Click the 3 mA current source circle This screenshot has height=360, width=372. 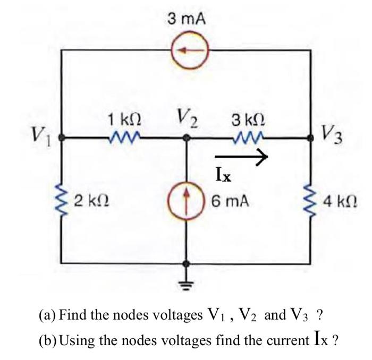click(x=187, y=51)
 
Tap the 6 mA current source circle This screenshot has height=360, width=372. click(x=187, y=202)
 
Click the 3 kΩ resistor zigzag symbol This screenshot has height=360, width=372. click(x=247, y=139)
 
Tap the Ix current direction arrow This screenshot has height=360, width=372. click(x=240, y=156)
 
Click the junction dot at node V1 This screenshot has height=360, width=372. click(x=62, y=138)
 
